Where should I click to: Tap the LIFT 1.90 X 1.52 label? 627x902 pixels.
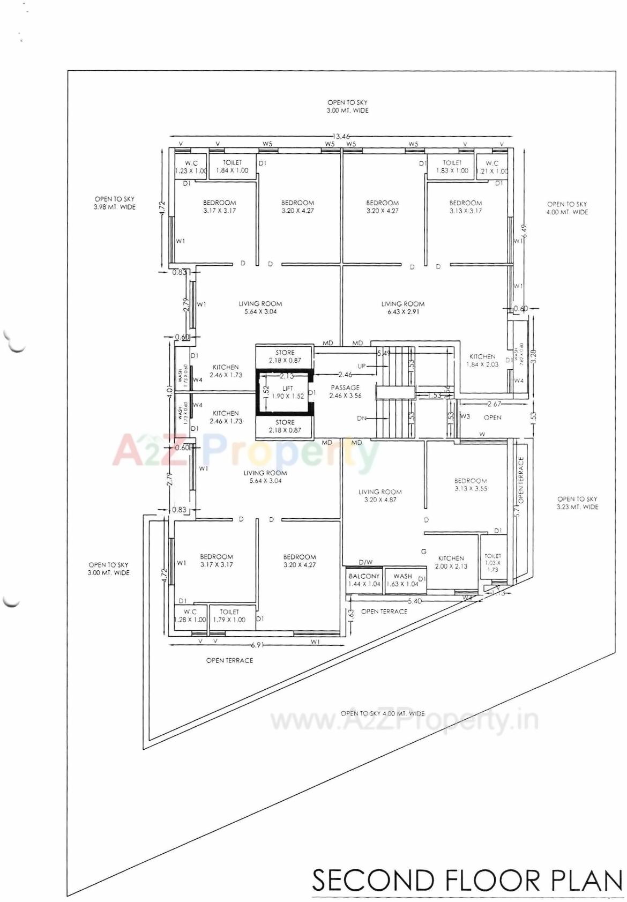pyautogui.click(x=288, y=392)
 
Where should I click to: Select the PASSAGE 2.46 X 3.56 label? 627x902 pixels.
pyautogui.click(x=345, y=391)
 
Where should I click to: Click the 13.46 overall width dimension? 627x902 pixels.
pyautogui.click(x=341, y=136)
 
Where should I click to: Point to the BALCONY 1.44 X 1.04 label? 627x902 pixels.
pyautogui.click(x=364, y=580)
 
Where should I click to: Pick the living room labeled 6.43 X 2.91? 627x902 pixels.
pyautogui.click(x=403, y=308)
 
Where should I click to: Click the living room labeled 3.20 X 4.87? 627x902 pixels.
pyautogui.click(x=380, y=496)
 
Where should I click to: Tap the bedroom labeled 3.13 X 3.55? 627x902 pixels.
pyautogui.click(x=471, y=484)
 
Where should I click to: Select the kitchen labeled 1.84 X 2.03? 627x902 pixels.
pyautogui.click(x=482, y=360)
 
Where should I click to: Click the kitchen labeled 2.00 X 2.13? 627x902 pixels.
pyautogui.click(x=451, y=562)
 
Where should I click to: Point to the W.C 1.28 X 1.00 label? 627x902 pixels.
pyautogui.click(x=190, y=615)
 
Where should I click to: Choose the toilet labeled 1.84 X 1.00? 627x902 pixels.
pyautogui.click(x=232, y=166)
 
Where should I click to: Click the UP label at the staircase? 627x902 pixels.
pyautogui.click(x=362, y=367)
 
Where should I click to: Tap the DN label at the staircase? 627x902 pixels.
pyautogui.click(x=362, y=419)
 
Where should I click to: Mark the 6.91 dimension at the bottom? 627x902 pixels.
pyautogui.click(x=258, y=645)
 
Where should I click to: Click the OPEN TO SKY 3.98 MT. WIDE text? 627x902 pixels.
pyautogui.click(x=115, y=203)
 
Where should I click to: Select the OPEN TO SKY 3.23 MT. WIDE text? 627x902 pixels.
pyautogui.click(x=577, y=503)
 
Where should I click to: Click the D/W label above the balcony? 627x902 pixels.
pyautogui.click(x=365, y=562)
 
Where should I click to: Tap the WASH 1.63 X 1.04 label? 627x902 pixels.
pyautogui.click(x=402, y=580)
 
